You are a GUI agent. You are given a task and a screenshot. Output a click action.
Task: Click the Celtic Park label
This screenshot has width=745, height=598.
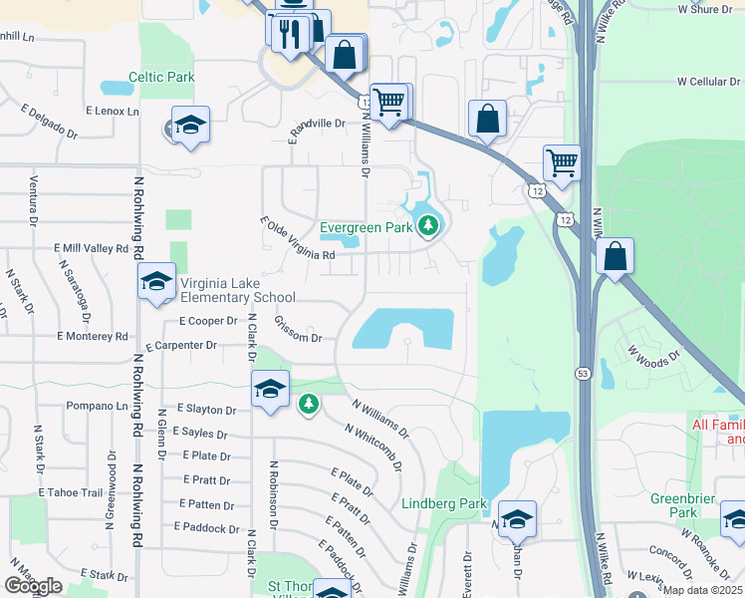160,77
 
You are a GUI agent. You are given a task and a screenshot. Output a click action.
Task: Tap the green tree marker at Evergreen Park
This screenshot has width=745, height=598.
428,226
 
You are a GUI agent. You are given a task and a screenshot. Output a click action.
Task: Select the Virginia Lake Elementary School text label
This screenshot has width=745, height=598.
237,289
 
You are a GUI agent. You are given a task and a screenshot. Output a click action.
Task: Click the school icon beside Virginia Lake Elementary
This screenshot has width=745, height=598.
156,282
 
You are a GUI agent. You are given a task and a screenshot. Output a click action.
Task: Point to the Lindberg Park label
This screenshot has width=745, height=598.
443,503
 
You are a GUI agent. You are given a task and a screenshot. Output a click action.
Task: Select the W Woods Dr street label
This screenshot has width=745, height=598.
652,351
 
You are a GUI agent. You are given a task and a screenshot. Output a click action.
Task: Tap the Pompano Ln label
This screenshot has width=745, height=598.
97,407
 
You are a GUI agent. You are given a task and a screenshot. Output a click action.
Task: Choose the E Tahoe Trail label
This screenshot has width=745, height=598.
71,492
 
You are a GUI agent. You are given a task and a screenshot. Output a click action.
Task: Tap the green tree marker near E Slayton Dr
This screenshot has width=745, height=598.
309,404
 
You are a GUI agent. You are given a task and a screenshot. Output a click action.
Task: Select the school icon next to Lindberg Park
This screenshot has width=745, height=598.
517,519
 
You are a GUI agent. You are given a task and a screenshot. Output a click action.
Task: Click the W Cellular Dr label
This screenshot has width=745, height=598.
709,82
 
